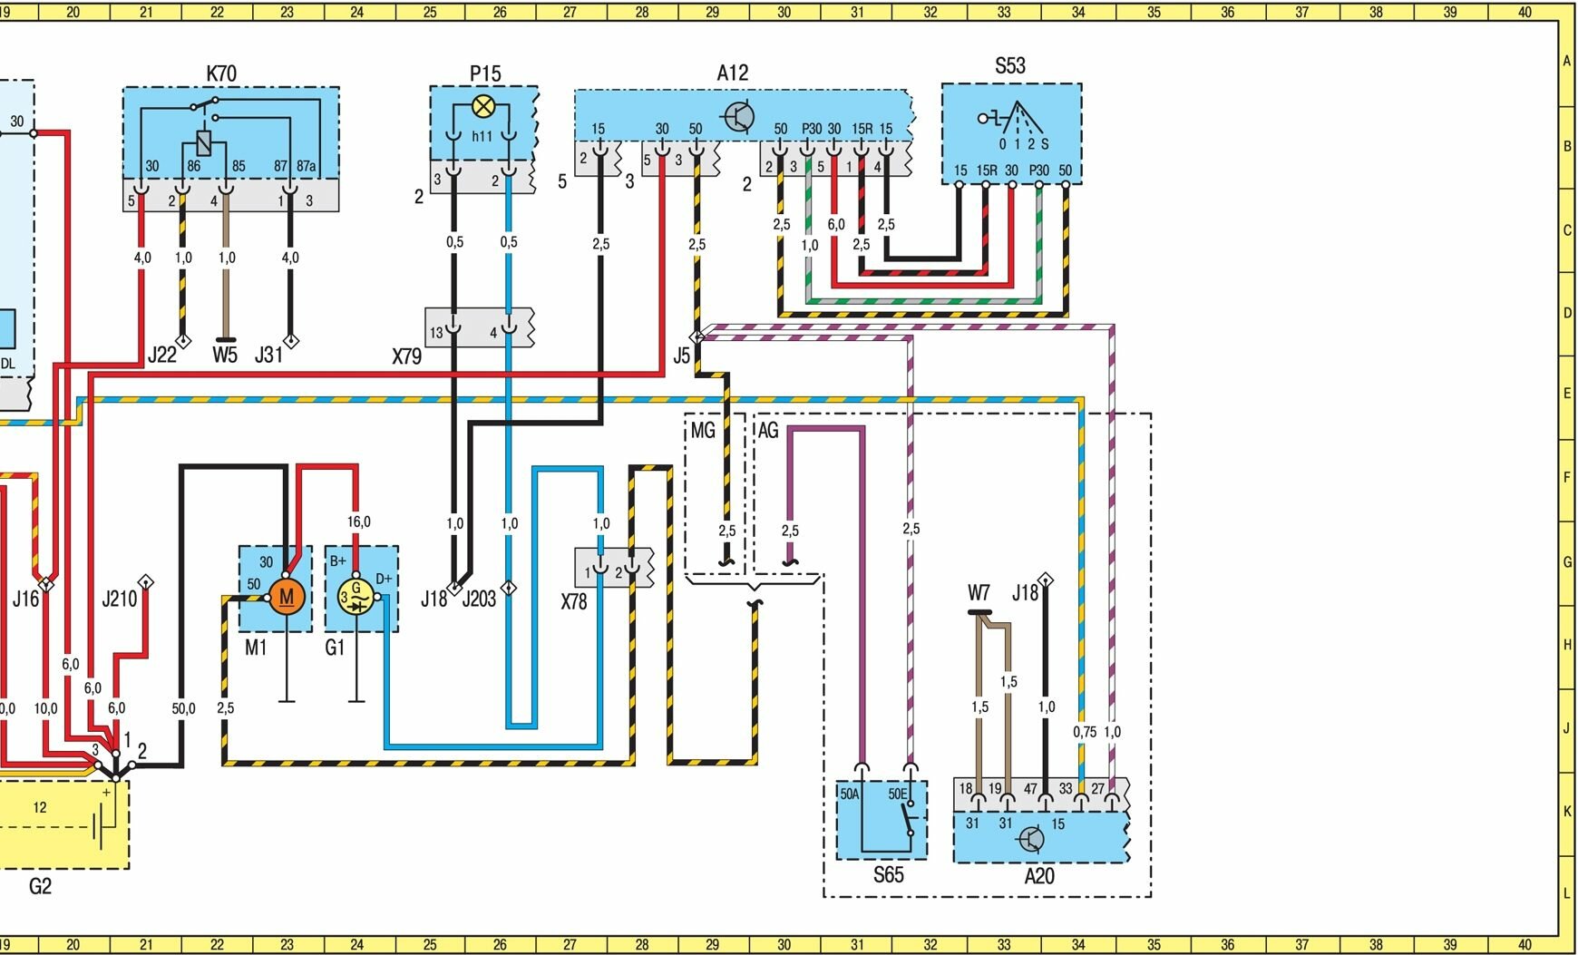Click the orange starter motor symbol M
287,597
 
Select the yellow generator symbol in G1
356,597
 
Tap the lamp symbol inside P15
484,108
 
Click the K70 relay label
221,73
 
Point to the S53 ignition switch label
1009,65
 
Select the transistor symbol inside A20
1031,840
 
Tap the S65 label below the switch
888,875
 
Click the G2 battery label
41,886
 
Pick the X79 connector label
406,356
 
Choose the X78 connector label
573,601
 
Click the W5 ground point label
224,355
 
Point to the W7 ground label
979,593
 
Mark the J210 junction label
119,598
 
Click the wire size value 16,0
358,521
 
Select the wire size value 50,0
183,708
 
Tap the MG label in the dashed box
703,431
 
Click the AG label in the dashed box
767,431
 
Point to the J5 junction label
681,356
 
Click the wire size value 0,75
1084,732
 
